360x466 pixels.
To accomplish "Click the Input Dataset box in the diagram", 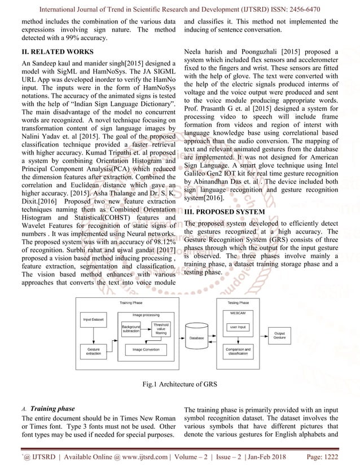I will click(94, 319).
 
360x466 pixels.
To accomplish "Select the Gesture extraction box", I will click(94, 350).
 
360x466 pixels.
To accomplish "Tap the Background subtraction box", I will click(131, 328).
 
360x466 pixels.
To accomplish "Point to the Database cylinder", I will click(196, 337).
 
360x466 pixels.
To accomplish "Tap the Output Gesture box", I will click(279, 335).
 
